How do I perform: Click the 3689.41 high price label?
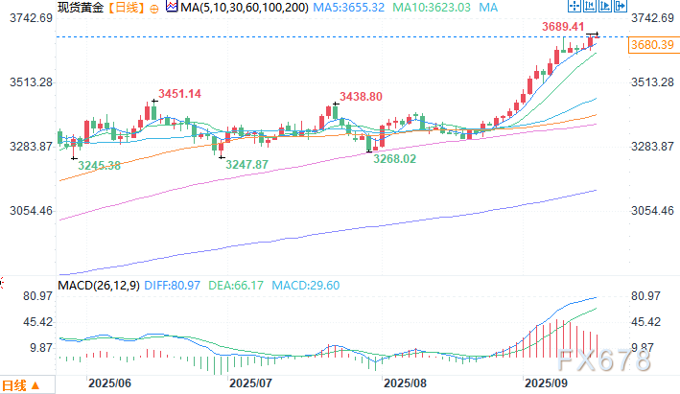click(565, 26)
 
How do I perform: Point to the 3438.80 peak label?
click(362, 97)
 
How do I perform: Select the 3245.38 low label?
click(100, 165)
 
